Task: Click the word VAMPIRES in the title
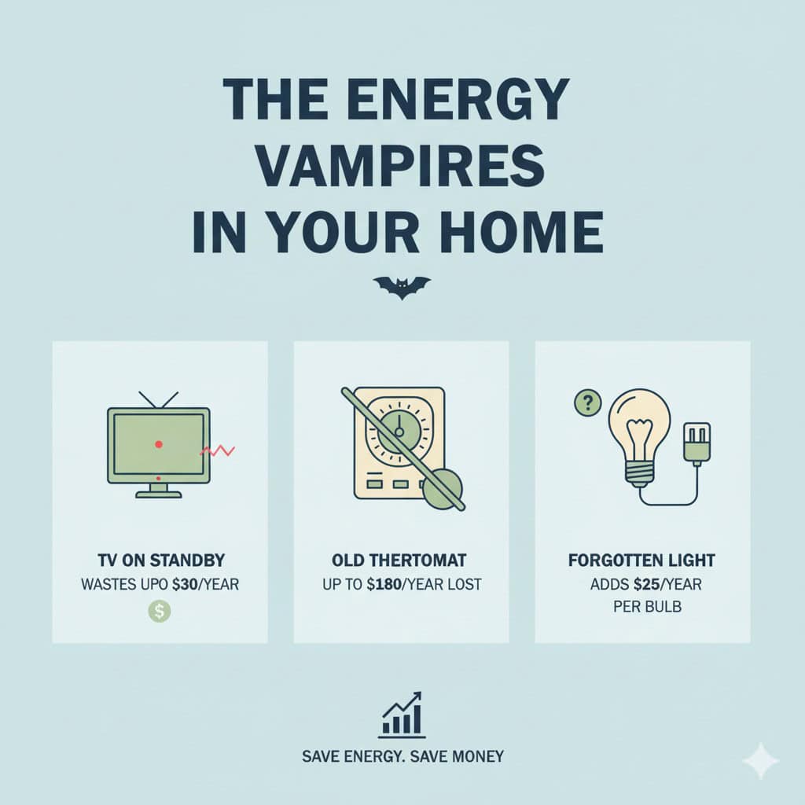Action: [400, 165]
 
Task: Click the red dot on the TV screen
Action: [159, 444]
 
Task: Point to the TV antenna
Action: [159, 400]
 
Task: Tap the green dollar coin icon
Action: [160, 612]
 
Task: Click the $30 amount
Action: [185, 584]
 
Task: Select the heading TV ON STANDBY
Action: [161, 560]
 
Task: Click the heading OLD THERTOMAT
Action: [399, 560]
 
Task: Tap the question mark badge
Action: [588, 403]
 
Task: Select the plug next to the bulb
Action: [697, 442]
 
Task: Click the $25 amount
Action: [646, 584]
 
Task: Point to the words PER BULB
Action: [648, 607]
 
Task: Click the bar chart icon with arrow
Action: [402, 715]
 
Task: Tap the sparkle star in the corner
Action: [761, 761]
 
